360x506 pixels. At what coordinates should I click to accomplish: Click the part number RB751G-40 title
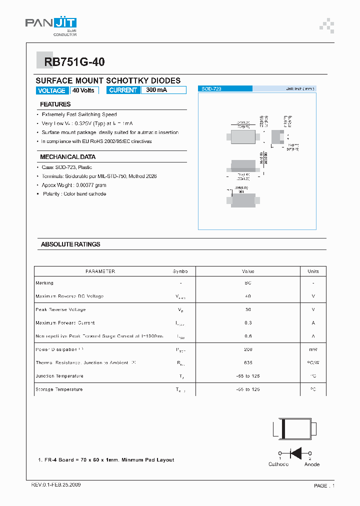click(74, 62)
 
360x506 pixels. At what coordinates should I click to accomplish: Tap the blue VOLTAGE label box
click(51, 90)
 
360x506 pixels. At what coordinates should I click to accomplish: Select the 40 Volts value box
click(83, 90)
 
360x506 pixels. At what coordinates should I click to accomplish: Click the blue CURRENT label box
click(123, 90)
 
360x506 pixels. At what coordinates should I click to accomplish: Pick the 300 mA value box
click(163, 90)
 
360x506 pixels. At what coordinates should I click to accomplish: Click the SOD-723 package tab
click(225, 88)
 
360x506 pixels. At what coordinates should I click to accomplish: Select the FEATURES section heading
click(55, 104)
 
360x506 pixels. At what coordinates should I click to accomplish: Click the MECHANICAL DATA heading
click(67, 157)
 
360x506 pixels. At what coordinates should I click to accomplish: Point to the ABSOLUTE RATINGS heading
click(70, 244)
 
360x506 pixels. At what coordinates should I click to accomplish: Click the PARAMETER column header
click(100, 271)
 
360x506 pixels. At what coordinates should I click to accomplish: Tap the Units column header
click(313, 271)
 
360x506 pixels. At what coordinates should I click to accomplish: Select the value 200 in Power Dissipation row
click(248, 349)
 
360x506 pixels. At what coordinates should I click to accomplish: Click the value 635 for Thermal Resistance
click(248, 362)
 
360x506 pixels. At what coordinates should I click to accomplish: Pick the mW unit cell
click(313, 349)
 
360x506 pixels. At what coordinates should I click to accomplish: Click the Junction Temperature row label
click(59, 376)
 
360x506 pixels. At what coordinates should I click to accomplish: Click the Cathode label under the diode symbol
click(278, 464)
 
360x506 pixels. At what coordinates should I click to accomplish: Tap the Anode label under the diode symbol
click(312, 464)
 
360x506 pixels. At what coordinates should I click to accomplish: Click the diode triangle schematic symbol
click(295, 453)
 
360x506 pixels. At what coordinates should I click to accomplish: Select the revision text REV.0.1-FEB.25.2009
click(56, 485)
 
